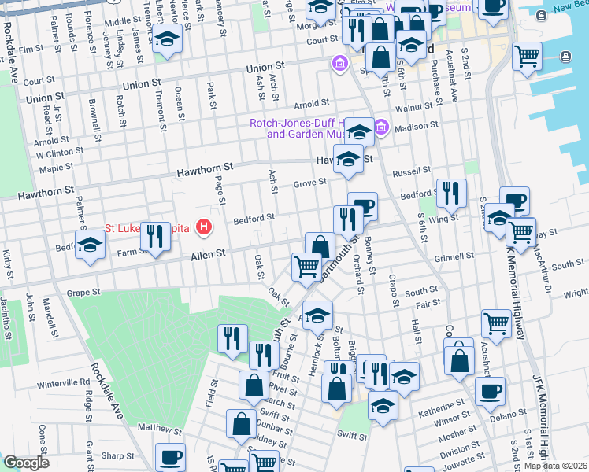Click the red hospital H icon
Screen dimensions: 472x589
tap(205, 228)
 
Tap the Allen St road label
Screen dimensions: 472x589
tap(209, 253)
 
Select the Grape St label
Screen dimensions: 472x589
tap(85, 293)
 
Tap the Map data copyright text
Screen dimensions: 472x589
tap(555, 466)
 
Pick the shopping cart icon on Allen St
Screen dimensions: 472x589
tap(306, 265)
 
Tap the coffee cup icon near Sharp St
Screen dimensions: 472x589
tap(170, 456)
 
